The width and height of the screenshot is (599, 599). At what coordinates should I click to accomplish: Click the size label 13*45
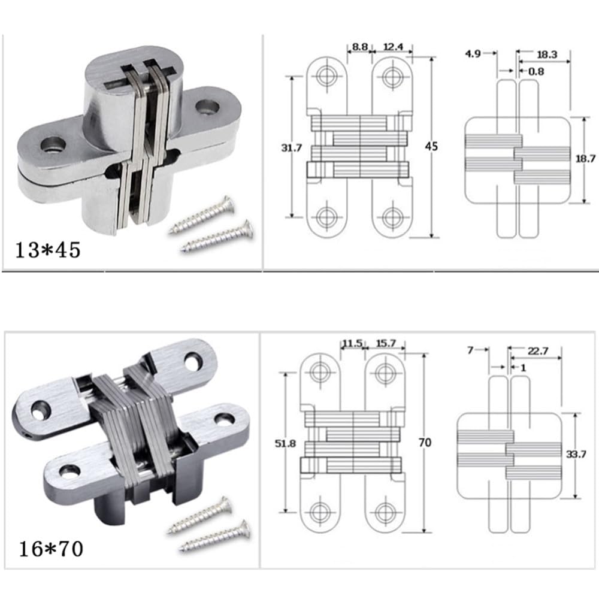click(48, 250)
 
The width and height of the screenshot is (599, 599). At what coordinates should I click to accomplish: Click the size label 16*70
click(51, 549)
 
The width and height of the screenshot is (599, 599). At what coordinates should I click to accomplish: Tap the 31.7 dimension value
click(292, 148)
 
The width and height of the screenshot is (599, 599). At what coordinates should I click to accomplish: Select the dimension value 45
click(431, 146)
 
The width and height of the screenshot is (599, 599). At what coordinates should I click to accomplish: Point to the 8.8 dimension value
click(360, 47)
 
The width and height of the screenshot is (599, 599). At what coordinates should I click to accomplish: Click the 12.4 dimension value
click(393, 47)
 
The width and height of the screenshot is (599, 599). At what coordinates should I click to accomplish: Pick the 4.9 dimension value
click(473, 54)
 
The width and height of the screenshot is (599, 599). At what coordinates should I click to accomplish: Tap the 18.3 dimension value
click(547, 55)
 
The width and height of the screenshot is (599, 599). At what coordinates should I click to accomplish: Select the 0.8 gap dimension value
click(536, 71)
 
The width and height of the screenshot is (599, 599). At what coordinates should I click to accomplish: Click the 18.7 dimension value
click(585, 158)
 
